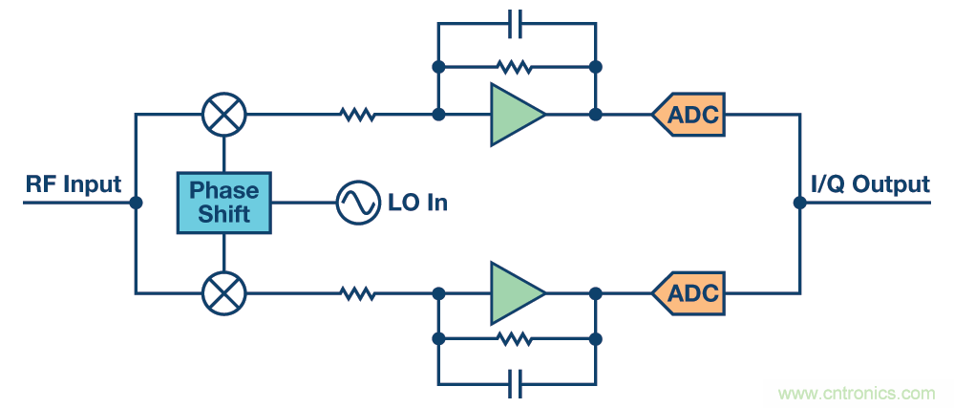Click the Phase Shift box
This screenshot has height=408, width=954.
(223, 203)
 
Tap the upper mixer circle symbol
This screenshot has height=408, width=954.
(224, 115)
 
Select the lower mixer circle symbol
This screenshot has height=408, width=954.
(224, 291)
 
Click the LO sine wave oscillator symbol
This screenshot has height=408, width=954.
(357, 203)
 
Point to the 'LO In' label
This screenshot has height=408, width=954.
(417, 203)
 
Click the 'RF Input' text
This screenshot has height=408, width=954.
(73, 184)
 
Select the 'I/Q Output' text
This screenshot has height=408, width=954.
(870, 184)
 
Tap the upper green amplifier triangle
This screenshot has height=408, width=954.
(515, 115)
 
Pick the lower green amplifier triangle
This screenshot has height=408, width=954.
(515, 291)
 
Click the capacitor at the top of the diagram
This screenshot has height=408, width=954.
(517, 23)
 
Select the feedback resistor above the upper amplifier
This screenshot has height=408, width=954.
(517, 68)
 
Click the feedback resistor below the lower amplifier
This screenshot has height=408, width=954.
(517, 338)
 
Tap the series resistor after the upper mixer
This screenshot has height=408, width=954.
(358, 115)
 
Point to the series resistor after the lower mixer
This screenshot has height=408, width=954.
(358, 291)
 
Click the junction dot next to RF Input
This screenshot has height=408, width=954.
(136, 203)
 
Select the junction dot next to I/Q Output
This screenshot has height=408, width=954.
(799, 203)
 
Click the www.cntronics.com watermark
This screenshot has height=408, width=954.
(857, 393)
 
